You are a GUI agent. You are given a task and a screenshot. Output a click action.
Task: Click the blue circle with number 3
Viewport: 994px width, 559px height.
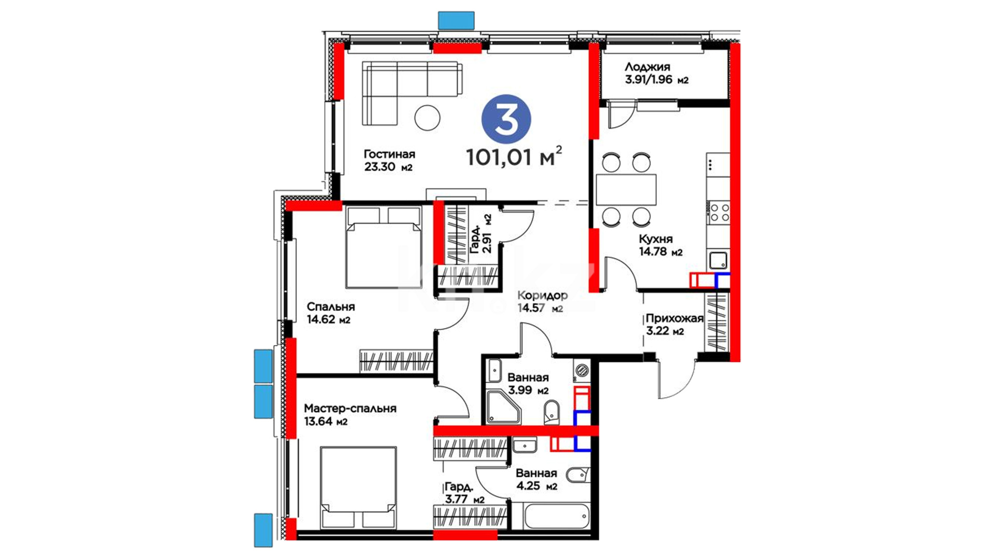(x=506, y=119)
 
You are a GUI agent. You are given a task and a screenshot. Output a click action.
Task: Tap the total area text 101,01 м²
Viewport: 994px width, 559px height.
(x=514, y=156)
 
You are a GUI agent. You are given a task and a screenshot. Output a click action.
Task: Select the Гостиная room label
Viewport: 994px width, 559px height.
(x=389, y=160)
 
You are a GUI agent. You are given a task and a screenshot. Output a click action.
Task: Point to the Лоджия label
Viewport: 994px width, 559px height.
(x=656, y=73)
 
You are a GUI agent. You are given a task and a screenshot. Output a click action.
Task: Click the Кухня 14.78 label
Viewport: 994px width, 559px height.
(x=661, y=245)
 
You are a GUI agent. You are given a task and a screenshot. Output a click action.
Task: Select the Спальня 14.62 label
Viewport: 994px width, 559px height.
(x=330, y=313)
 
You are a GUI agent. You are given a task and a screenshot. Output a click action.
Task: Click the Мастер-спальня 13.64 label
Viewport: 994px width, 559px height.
(x=350, y=415)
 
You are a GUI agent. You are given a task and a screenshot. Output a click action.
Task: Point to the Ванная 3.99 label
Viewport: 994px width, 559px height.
(x=528, y=384)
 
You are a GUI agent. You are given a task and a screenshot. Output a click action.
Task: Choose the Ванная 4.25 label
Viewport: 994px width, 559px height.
(x=536, y=479)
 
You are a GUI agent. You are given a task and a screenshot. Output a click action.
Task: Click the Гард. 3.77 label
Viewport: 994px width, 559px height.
(x=464, y=493)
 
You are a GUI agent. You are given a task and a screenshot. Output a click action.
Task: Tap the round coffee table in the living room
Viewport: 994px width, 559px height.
(x=427, y=117)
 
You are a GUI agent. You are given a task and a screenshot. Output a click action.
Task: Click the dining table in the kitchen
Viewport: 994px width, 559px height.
(x=626, y=190)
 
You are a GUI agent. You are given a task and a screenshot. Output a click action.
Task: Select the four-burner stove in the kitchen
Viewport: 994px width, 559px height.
(x=719, y=213)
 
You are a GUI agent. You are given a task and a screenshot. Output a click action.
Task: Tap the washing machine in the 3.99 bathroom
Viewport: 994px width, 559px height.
(x=582, y=371)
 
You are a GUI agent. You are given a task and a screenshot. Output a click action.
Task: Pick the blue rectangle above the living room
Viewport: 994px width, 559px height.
(x=456, y=20)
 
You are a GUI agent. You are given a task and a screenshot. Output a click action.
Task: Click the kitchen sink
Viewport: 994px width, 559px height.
(x=718, y=260)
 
